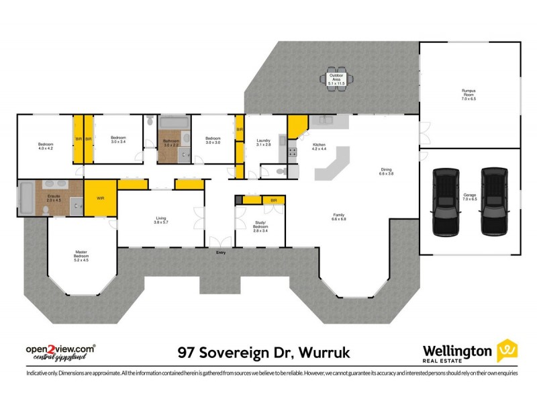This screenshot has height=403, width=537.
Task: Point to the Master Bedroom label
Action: (81, 255)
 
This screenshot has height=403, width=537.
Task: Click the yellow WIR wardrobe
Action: (100, 198)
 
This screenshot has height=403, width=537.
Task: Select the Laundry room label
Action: (264, 142)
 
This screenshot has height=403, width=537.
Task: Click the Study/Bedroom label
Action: (260, 228)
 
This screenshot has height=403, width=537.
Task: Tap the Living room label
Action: (161, 220)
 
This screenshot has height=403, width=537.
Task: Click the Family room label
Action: (339, 217)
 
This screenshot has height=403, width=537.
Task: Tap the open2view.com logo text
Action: (60, 349)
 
